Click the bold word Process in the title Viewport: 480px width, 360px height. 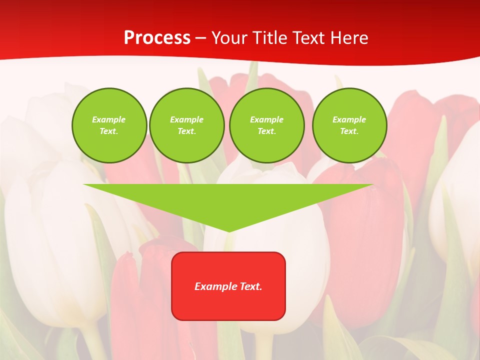(157, 38)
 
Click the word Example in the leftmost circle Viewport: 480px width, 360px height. (109, 119)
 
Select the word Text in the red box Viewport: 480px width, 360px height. (250, 286)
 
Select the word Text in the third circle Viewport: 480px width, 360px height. (266, 131)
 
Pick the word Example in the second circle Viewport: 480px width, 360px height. (187, 119)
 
